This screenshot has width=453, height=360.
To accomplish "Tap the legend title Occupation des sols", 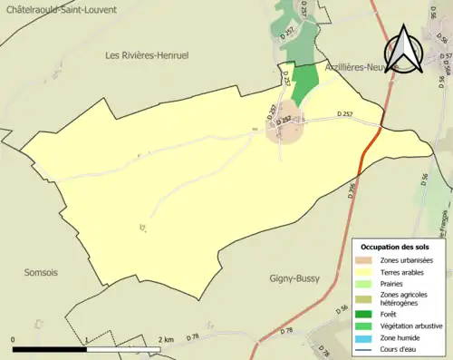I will [x=397, y=247].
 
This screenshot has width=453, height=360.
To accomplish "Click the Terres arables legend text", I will [x=406, y=272].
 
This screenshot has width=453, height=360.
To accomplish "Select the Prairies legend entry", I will [x=395, y=284].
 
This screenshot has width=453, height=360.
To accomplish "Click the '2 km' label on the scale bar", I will [x=167, y=339].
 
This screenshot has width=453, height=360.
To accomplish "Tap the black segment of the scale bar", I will [x=49, y=348].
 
